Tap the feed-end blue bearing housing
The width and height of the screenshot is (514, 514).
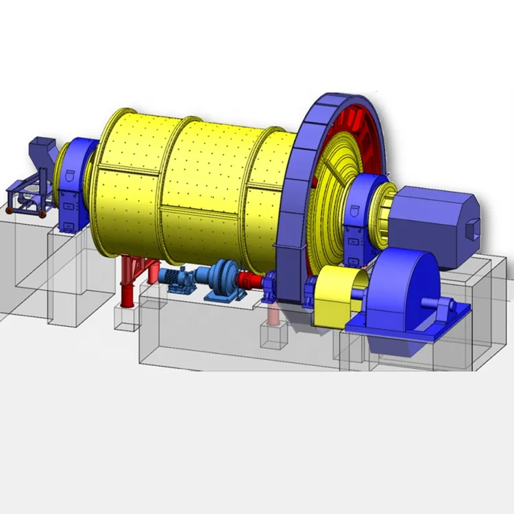click(x=71, y=185)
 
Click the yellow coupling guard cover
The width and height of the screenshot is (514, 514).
click(x=336, y=295)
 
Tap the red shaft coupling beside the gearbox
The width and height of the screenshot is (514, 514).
click(x=250, y=281)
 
